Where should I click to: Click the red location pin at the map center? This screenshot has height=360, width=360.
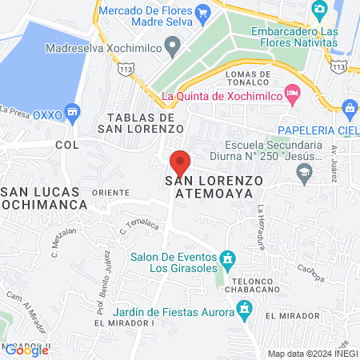(x=180, y=162)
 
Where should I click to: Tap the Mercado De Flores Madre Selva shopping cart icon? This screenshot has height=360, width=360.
(x=203, y=12)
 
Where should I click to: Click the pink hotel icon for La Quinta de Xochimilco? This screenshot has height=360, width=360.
(x=294, y=94)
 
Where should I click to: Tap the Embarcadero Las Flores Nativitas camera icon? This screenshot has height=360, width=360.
(x=319, y=10)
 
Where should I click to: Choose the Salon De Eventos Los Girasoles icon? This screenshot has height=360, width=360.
(x=228, y=259)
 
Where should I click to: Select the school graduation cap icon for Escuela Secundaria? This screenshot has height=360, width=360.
(x=304, y=172)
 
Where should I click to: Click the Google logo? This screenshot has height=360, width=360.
(x=26, y=349)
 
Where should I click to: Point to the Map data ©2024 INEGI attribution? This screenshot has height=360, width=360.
(x=311, y=353)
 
